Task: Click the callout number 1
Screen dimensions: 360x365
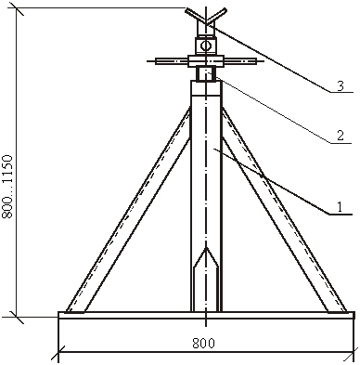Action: [x=340, y=207]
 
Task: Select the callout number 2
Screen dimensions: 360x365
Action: [x=341, y=136]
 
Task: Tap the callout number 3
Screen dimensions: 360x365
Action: [x=341, y=85]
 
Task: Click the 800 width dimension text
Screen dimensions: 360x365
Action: [x=203, y=344]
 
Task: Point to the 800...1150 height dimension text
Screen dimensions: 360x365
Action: [x=8, y=187]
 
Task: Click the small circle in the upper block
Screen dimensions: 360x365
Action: [x=205, y=46]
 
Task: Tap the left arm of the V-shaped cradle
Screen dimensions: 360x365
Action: [x=195, y=16]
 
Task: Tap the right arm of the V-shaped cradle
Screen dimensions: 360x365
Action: [x=216, y=16]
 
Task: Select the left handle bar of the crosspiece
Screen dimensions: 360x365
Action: [x=172, y=61]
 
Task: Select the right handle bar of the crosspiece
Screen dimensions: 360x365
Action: [x=239, y=61]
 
